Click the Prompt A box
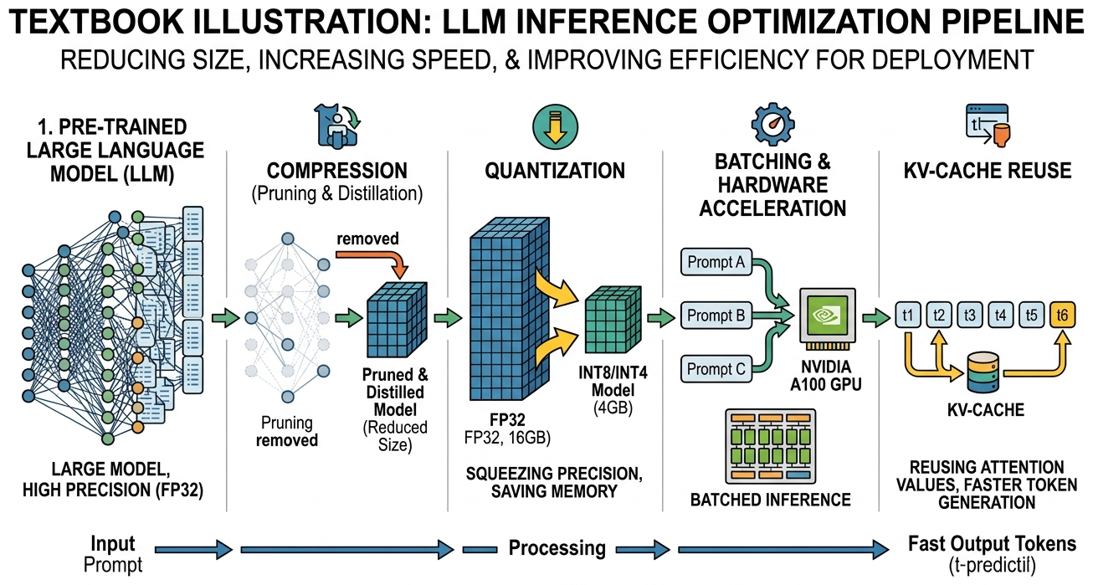(x=716, y=262)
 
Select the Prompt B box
(x=716, y=316)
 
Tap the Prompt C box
(x=716, y=367)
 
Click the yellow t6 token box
(x=1062, y=316)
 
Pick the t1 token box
(x=907, y=316)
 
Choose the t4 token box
(x=999, y=316)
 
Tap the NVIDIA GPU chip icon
(x=828, y=316)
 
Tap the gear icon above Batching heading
(x=773, y=123)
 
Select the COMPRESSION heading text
(x=337, y=171)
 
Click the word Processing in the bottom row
(x=557, y=549)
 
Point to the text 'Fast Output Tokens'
(x=992, y=544)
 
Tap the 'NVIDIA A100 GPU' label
(x=829, y=375)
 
